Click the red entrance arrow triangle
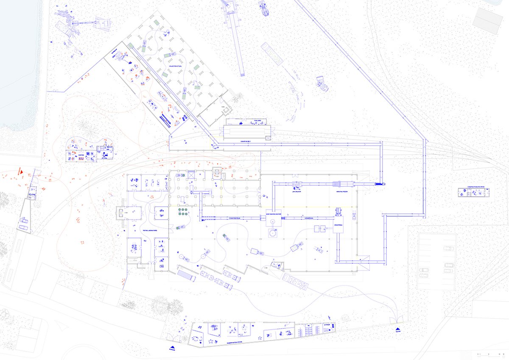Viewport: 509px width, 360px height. tap(20, 172)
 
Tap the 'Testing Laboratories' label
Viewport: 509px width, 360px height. tap(150, 230)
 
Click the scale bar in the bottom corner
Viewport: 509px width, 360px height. tap(487, 353)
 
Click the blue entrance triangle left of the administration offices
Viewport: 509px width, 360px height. tap(172, 348)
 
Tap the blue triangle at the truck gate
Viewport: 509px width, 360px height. tap(397, 329)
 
